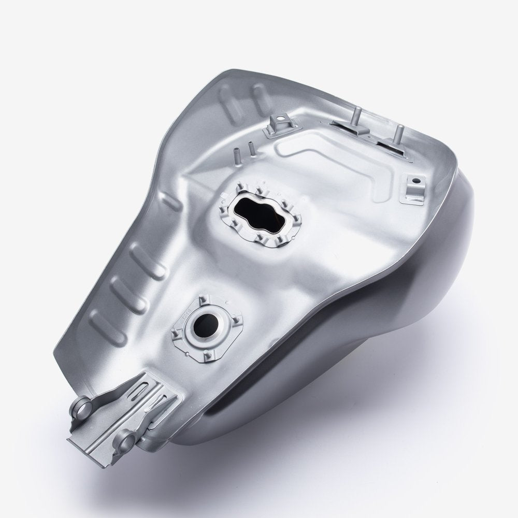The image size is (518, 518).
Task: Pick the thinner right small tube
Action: (x=252, y=150)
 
